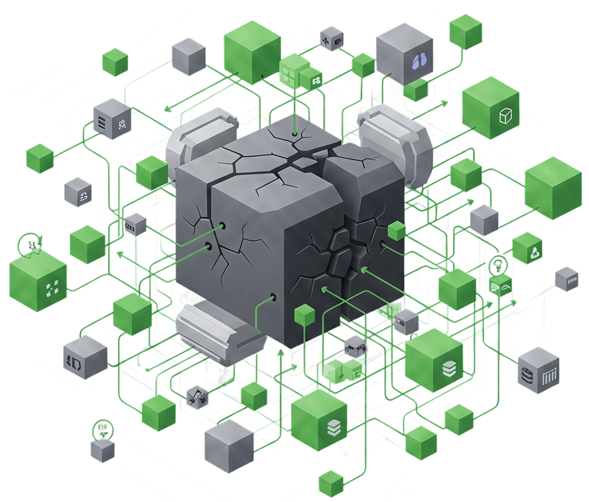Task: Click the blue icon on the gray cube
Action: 420,61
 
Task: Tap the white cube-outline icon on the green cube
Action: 505,116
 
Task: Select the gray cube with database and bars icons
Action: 539,370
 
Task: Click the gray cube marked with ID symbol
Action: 85,358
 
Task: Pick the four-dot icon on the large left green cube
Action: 52,287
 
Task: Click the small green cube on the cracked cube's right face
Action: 397,230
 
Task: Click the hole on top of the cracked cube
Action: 295,133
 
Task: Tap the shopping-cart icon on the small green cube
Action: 500,287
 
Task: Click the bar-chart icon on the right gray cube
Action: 550,379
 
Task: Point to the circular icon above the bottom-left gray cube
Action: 101,428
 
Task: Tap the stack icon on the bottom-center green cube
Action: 333,427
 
